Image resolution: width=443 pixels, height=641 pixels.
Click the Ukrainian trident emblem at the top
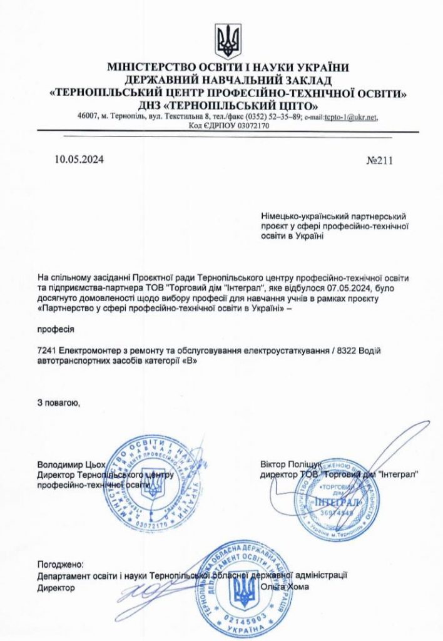pyautogui.click(x=228, y=41)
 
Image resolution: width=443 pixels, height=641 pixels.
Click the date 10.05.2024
pyautogui.click(x=79, y=159)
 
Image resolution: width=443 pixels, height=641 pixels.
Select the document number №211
pyautogui.click(x=379, y=160)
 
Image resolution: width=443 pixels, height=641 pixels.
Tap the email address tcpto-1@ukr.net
pyautogui.click(x=351, y=117)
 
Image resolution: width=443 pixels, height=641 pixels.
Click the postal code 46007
pyautogui.click(x=88, y=117)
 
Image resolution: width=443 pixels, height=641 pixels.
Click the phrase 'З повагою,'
pyautogui.click(x=58, y=402)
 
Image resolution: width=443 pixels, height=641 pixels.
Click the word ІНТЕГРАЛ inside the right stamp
pyautogui.click(x=337, y=502)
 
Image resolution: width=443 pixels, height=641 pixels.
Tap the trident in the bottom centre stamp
pyautogui.click(x=244, y=592)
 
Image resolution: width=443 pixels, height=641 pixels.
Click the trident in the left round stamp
pyautogui.click(x=152, y=482)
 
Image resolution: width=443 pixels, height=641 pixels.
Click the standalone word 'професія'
pyautogui.click(x=56, y=327)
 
